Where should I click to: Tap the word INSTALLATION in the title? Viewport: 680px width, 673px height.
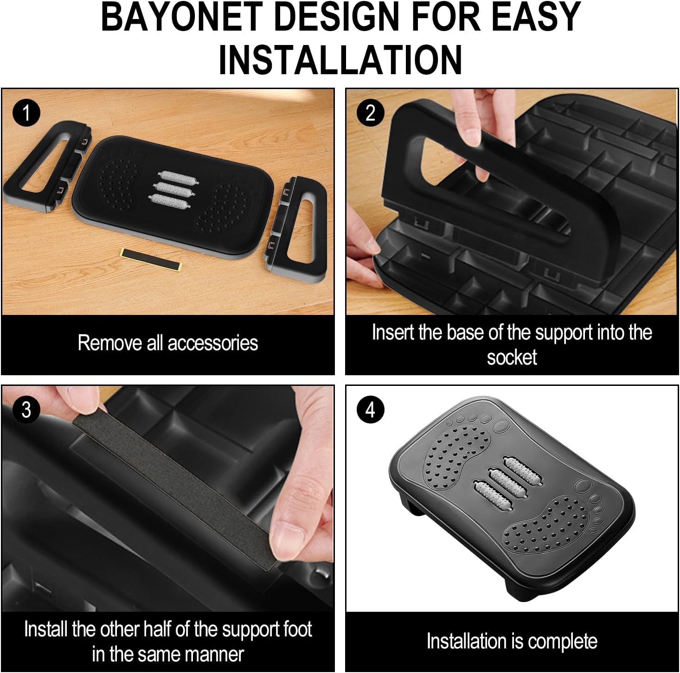tap(340, 60)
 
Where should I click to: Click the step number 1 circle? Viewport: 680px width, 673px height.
tap(26, 113)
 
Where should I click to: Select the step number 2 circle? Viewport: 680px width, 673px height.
tap(370, 113)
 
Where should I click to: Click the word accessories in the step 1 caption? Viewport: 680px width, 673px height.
tap(213, 343)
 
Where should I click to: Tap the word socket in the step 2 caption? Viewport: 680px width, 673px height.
tap(512, 358)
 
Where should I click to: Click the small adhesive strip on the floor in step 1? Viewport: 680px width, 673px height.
tap(150, 259)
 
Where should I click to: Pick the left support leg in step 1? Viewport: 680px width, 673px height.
tap(46, 167)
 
